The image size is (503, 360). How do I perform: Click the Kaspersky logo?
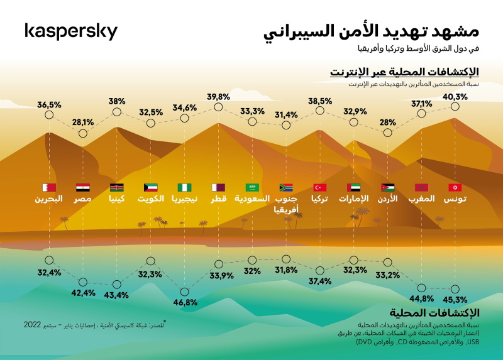70,31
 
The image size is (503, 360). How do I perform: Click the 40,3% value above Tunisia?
455,97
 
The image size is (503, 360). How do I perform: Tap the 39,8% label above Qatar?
218,97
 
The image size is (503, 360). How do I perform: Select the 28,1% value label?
83,122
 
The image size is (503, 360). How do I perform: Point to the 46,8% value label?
185,302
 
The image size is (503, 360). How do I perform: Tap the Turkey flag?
320,187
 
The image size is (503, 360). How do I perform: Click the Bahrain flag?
49,187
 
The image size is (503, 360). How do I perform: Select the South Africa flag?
286,187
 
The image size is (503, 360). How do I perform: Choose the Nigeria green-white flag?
185,187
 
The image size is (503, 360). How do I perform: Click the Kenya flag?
117,187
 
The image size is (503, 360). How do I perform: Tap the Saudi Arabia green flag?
252,187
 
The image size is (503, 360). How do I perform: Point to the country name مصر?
83,199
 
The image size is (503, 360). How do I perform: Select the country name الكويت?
151,199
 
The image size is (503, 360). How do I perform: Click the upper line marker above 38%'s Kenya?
117,112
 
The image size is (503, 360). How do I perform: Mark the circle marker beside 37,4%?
320,271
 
